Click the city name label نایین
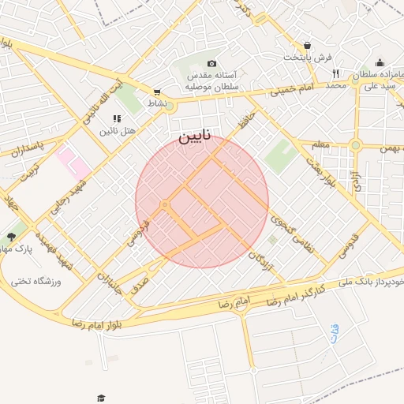[194, 136]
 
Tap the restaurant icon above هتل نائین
[117, 118]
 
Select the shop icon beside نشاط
[158, 92]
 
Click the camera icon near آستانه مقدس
[211, 63]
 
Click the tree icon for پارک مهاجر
[11, 237]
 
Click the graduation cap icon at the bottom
[100, 398]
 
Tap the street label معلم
[319, 145]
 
